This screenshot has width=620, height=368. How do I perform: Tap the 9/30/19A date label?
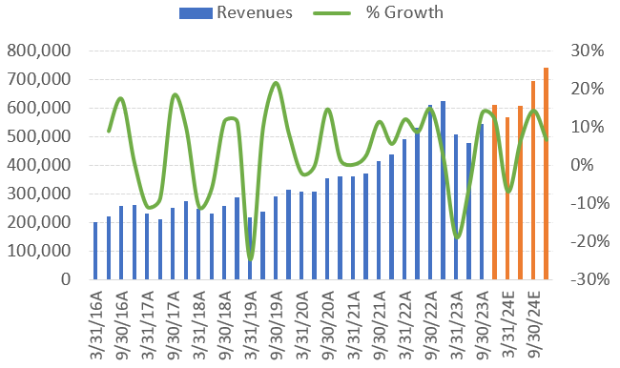coord(277,324)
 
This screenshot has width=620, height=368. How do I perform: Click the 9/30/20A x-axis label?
coord(328,324)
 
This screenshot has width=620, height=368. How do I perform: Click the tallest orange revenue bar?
coord(546,174)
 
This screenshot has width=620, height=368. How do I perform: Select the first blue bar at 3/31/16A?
coord(95,251)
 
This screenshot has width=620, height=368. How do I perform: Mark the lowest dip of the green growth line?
coord(250,258)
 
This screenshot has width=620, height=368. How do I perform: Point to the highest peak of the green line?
coord(276,83)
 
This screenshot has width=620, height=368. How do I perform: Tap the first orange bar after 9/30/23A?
coord(494,193)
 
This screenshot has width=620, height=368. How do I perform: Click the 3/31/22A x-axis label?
coord(405,324)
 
